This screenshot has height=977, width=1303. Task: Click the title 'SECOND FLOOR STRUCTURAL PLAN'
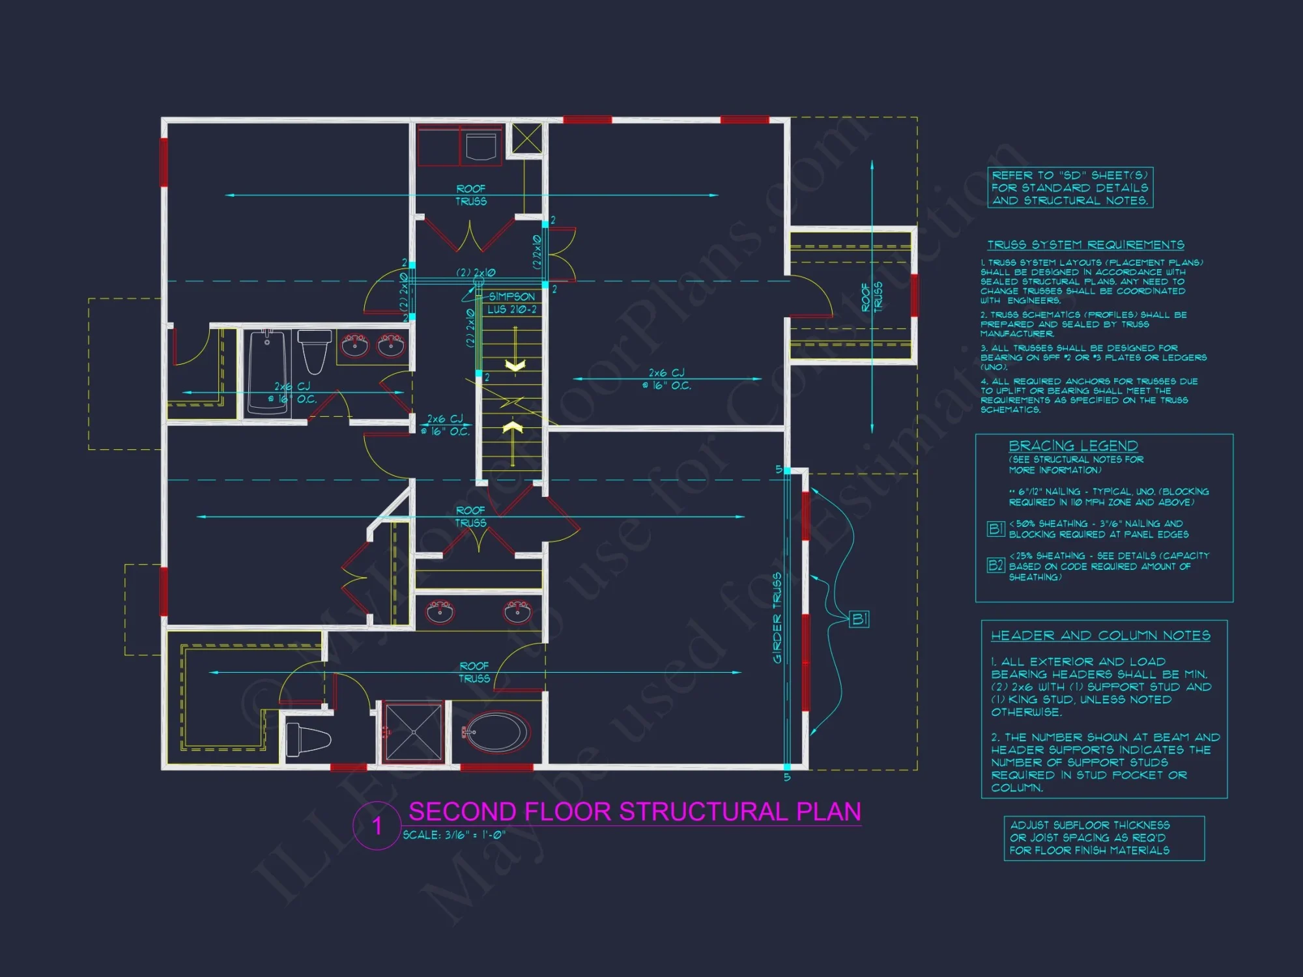point(635,812)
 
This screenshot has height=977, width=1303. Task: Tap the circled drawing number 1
point(377,826)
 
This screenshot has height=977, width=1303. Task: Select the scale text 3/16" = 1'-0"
point(454,835)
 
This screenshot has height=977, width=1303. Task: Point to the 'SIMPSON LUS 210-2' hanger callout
point(512,303)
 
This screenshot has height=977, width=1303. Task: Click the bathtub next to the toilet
point(268,371)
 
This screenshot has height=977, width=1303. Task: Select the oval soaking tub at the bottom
point(497,733)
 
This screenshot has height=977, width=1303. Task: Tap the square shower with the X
point(414,731)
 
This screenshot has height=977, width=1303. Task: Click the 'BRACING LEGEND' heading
point(1073,446)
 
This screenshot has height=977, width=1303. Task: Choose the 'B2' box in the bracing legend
point(995,565)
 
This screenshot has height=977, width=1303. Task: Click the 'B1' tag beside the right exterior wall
point(860,619)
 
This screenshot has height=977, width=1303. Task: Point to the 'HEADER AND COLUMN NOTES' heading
point(1100,635)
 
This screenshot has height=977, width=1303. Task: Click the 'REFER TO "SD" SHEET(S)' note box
point(1070,188)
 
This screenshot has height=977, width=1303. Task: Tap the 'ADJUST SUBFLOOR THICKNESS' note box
point(1104,838)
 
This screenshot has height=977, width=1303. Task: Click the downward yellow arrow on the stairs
point(515,365)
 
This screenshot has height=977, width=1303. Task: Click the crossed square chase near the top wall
point(526,138)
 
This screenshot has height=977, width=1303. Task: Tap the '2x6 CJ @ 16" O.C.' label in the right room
point(666,379)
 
